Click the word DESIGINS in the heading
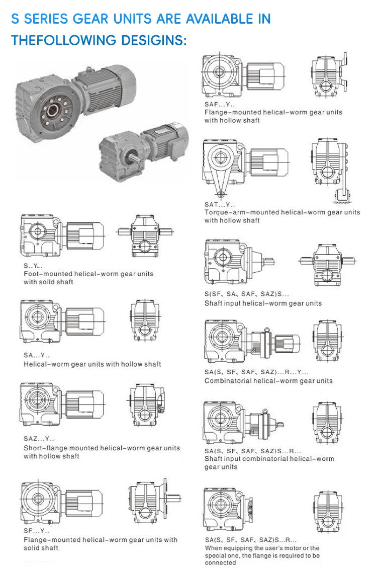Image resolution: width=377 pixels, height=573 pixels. [152, 40]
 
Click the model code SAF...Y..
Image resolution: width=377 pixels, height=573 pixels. [219, 104]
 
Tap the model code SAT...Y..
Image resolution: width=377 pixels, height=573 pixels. [219, 204]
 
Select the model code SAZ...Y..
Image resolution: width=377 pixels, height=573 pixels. [39, 439]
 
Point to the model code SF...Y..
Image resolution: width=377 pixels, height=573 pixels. [37, 531]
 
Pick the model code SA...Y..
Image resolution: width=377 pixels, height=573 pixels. [37, 355]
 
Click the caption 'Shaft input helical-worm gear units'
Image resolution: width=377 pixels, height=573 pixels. [263, 303]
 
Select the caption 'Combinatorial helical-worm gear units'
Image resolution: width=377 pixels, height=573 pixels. [268, 381]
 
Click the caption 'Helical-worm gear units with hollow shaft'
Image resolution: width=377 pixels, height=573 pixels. [92, 364]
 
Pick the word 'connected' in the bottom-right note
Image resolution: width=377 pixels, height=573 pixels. [220, 563]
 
